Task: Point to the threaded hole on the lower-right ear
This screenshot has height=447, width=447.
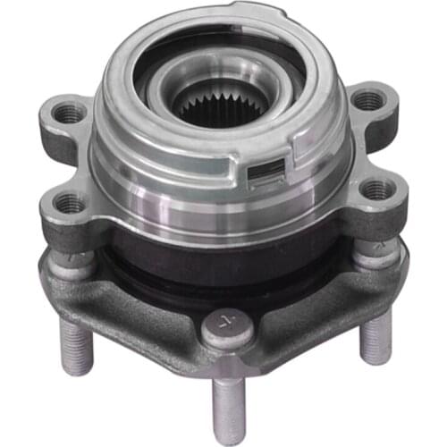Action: (377, 190)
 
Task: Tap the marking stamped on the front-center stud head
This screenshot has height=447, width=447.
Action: (221, 323)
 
